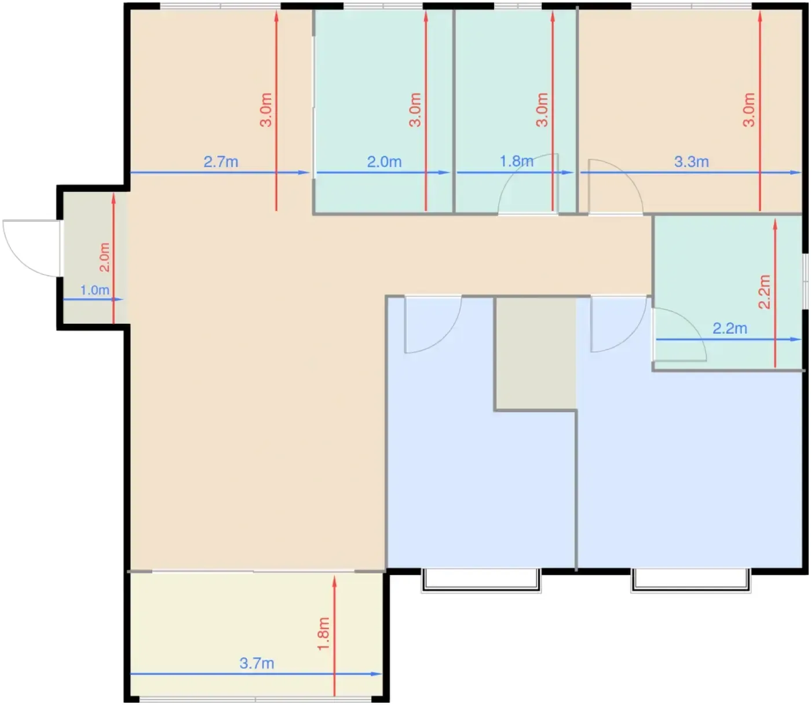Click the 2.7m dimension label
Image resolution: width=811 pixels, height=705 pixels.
(x=221, y=162)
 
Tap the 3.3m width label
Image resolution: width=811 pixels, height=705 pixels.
(x=691, y=162)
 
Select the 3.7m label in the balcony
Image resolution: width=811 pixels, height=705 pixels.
(x=257, y=663)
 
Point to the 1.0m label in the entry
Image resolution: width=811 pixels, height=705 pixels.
(x=95, y=290)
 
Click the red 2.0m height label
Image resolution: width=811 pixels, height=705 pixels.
(x=104, y=257)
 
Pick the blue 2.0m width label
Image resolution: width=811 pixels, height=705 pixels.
(x=384, y=162)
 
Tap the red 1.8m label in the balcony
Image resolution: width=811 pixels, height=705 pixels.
(x=323, y=634)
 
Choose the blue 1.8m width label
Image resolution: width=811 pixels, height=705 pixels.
(x=516, y=161)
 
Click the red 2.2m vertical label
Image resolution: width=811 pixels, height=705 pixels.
(x=764, y=291)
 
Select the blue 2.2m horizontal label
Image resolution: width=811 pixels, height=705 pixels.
(x=730, y=328)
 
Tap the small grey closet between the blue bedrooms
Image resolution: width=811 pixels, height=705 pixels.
(x=535, y=353)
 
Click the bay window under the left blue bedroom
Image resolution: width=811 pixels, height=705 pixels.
(x=481, y=580)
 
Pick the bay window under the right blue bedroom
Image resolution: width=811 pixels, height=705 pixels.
(x=691, y=580)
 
